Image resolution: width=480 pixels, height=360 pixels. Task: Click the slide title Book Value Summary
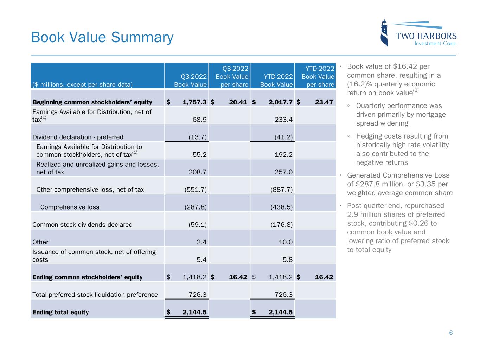102,37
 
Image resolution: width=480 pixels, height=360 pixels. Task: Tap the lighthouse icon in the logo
385,33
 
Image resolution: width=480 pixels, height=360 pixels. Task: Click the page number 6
451,333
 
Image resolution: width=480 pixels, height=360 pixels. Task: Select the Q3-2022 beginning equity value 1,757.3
194,102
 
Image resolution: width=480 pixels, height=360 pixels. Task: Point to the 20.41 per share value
238,102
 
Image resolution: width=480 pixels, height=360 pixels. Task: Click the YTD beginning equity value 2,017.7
280,102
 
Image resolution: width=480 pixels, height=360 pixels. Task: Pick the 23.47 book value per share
324,102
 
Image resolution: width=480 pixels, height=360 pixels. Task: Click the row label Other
40,242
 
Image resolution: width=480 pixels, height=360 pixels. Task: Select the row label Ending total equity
60,312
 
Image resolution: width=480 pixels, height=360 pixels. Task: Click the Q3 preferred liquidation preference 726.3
198,295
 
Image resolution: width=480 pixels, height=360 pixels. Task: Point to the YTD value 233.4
283,120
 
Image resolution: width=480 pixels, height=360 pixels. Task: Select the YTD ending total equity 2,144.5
280,312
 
